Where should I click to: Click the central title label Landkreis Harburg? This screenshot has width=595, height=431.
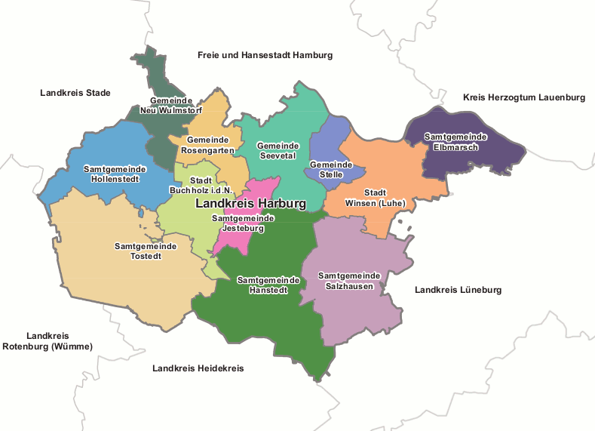pyautogui.click(x=250, y=204)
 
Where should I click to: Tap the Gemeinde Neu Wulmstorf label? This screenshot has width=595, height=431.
pyautogui.click(x=171, y=105)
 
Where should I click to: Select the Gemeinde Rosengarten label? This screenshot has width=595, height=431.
pyautogui.click(x=207, y=146)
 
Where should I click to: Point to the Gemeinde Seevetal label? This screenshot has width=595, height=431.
pyautogui.click(x=278, y=150)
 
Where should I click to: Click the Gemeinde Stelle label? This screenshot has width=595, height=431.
pyautogui.click(x=331, y=169)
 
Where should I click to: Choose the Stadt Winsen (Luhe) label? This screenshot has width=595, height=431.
pyautogui.click(x=375, y=198)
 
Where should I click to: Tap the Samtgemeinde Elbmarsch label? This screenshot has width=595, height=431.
pyautogui.click(x=455, y=141)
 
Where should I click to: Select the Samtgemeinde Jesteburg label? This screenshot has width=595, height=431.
pyautogui.click(x=243, y=223)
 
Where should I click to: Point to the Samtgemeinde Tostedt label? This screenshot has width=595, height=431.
pyautogui.click(x=146, y=251)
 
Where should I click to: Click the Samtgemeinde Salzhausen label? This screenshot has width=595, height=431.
pyautogui.click(x=350, y=281)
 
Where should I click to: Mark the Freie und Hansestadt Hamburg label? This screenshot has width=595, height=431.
pyautogui.click(x=265, y=55)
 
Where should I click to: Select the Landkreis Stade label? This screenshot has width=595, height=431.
pyautogui.click(x=75, y=93)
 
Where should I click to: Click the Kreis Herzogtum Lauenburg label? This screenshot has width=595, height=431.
pyautogui.click(x=523, y=98)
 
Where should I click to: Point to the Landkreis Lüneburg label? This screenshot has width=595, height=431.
pyautogui.click(x=458, y=290)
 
